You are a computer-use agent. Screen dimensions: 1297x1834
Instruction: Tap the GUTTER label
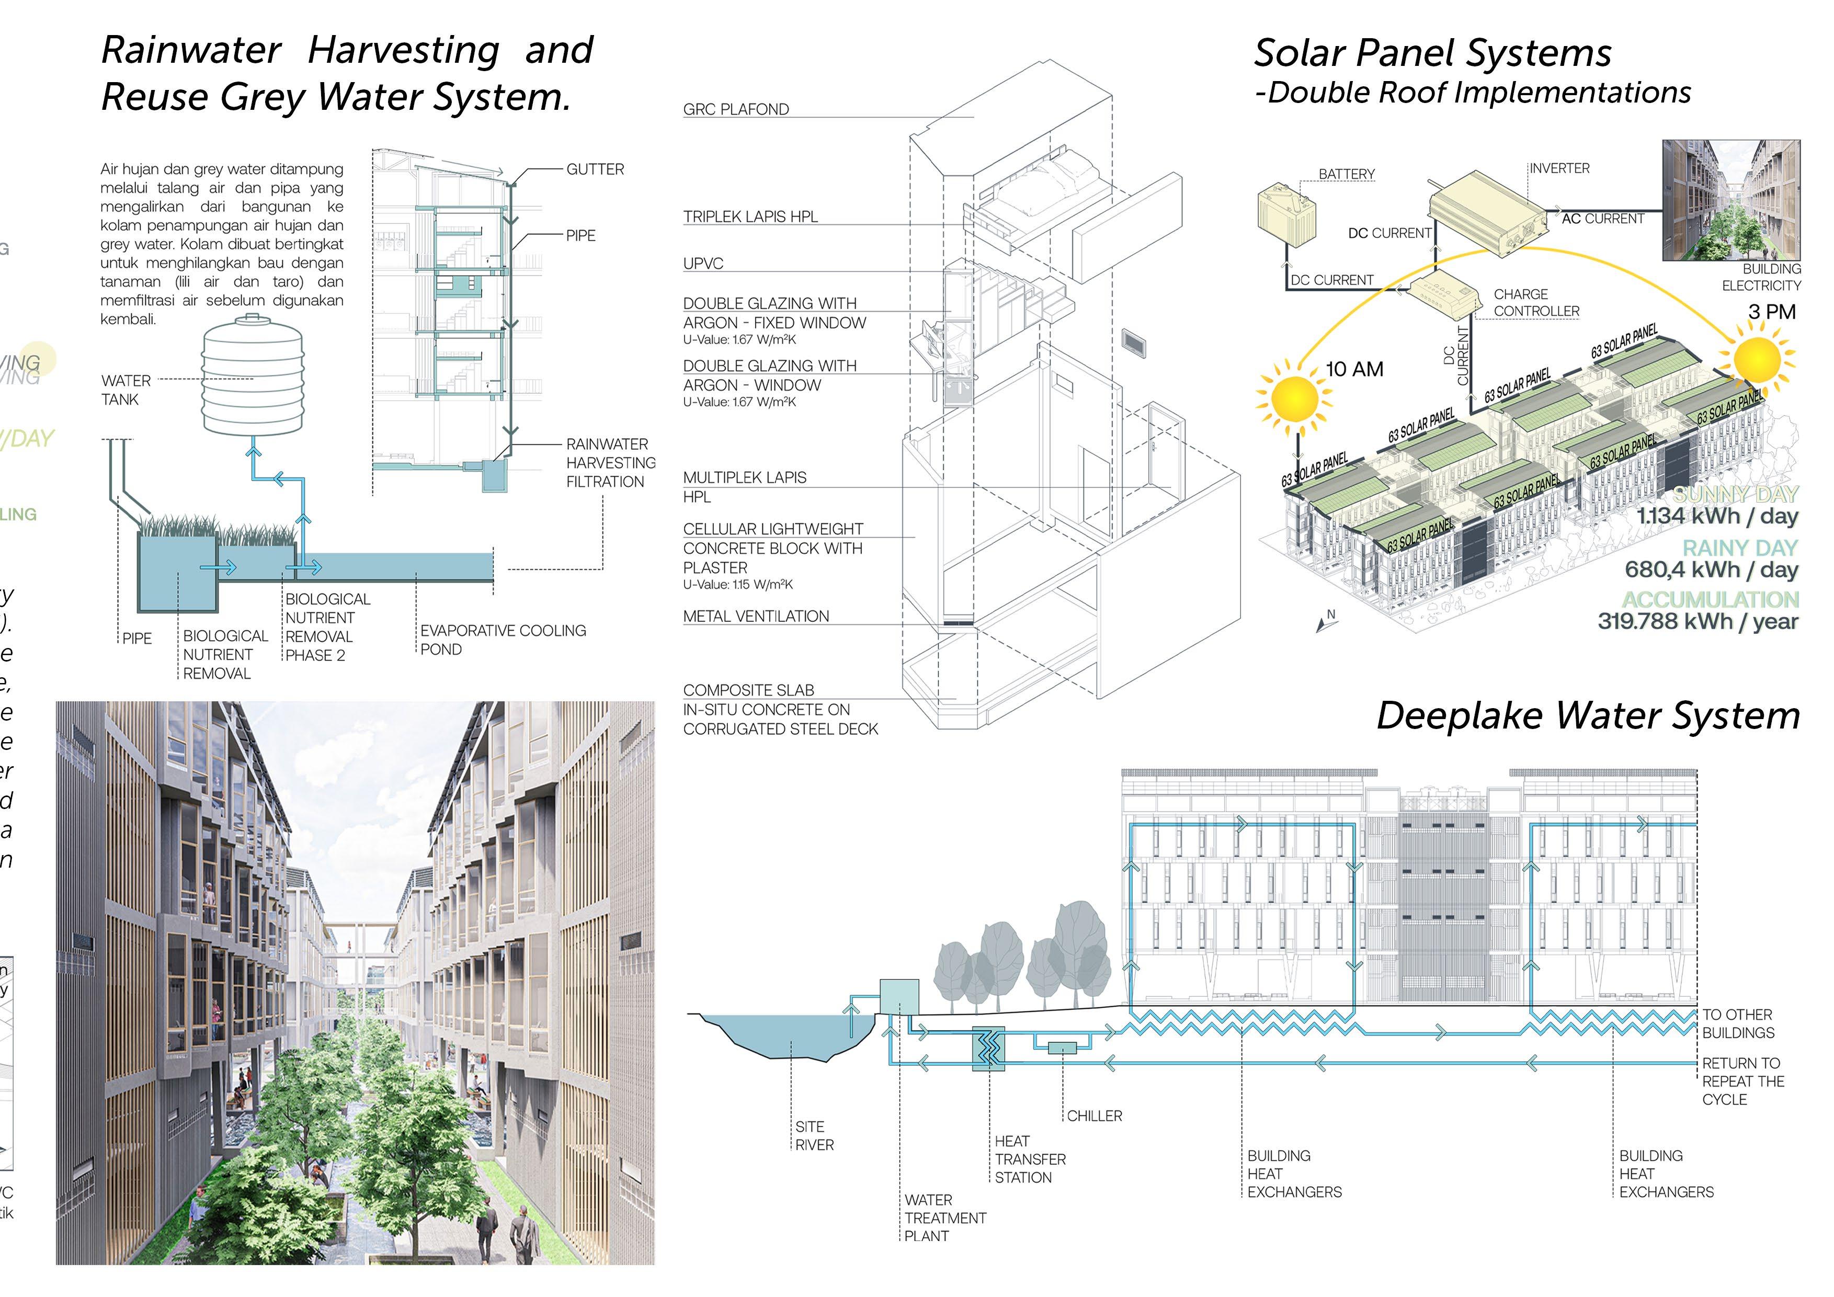tap(595, 169)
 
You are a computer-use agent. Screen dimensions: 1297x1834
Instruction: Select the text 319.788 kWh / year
tap(1698, 621)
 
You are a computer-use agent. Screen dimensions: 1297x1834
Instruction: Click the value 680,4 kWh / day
tap(1711, 570)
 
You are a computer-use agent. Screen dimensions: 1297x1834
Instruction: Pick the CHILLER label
tap(1095, 1116)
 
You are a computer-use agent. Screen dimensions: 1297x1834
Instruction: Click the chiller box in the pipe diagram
tap(1062, 1048)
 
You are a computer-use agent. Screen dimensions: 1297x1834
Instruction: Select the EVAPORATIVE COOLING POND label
tap(503, 640)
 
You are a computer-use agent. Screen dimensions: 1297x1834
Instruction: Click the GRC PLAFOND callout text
tap(736, 109)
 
